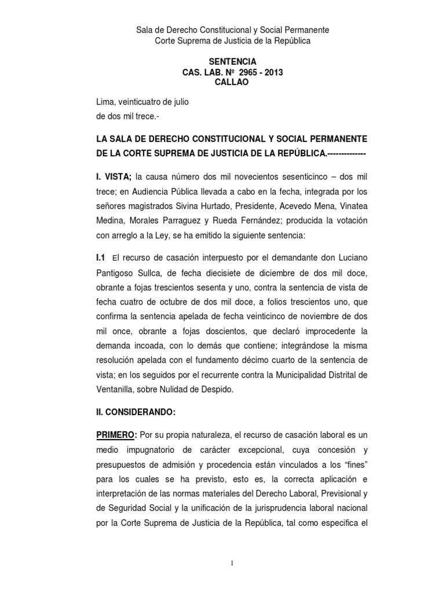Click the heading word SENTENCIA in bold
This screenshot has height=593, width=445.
[232, 61]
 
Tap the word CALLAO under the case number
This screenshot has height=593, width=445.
[232, 82]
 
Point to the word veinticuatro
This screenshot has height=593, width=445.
[140, 103]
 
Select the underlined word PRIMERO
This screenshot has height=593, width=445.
[116, 435]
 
